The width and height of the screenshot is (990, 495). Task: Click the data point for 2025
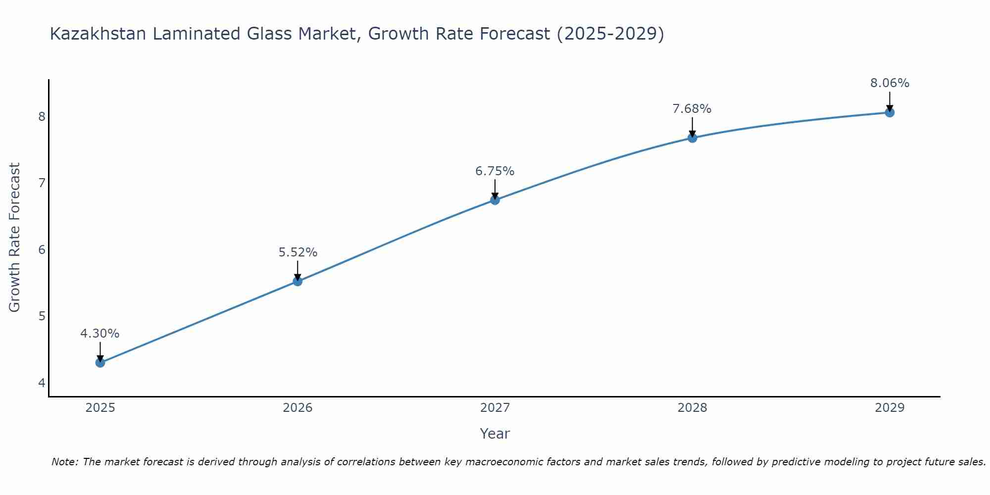[100, 363]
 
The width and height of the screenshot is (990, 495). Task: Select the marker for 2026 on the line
[297, 282]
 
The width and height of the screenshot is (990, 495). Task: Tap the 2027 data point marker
[495, 200]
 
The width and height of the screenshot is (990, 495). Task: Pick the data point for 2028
[693, 138]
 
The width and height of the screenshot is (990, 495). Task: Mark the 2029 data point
[890, 113]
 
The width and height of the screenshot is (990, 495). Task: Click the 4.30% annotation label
[100, 334]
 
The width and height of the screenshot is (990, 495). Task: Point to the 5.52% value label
[297, 252]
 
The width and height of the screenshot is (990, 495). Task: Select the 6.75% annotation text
[495, 171]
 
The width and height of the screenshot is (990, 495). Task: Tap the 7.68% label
[692, 109]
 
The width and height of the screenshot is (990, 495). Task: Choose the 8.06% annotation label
[890, 83]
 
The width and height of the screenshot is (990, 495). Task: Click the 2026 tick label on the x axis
[297, 408]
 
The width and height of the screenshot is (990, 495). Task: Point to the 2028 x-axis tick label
[693, 408]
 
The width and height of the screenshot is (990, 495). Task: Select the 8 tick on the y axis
[42, 117]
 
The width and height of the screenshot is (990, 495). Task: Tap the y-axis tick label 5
[42, 316]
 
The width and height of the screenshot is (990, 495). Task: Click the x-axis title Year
[495, 434]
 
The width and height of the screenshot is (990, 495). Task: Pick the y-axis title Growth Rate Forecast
[15, 238]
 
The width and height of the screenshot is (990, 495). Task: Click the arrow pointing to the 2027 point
[495, 189]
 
